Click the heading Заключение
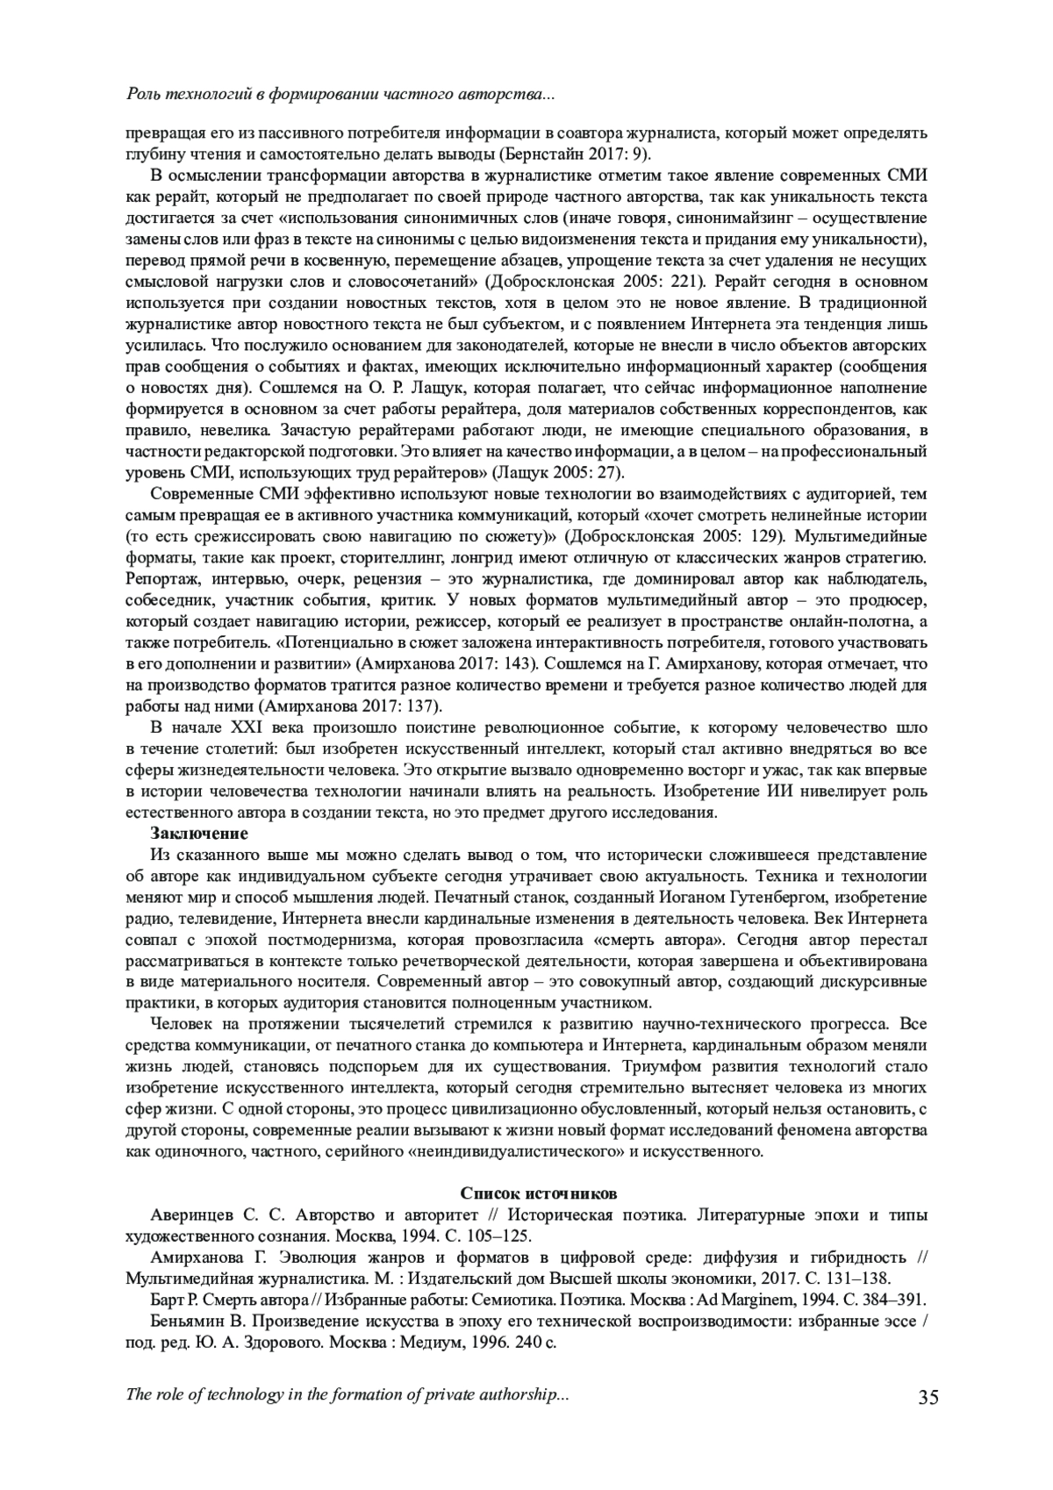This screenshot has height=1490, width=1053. pos(199,833)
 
